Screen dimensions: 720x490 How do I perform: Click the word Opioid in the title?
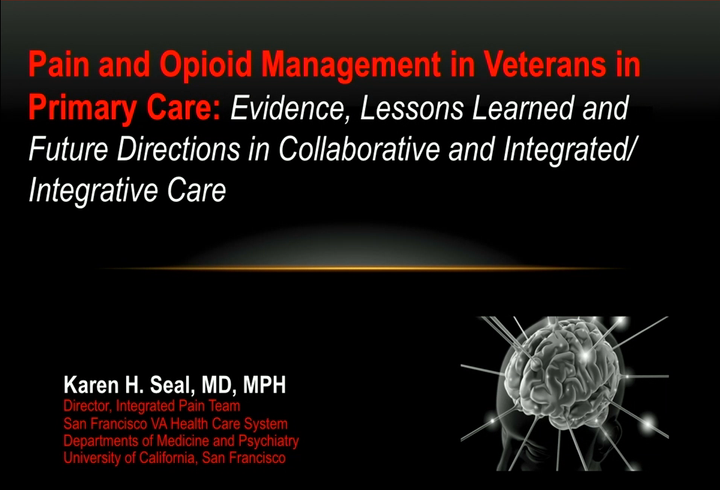tap(205, 65)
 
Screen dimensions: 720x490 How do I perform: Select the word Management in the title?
tap(351, 65)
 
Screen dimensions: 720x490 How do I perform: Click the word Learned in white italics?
tap(523, 107)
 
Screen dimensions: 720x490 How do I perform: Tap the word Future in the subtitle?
tap(68, 149)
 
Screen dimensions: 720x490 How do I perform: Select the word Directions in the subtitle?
tap(178, 149)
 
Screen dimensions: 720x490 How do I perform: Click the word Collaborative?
tap(359, 149)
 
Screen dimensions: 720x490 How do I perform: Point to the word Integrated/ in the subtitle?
tap(568, 150)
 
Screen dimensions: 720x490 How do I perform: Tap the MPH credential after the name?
tap(264, 385)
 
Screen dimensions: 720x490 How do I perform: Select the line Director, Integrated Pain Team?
tap(152, 406)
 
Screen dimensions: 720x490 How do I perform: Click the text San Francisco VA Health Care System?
tap(175, 423)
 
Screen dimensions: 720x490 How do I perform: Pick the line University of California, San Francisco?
tap(175, 458)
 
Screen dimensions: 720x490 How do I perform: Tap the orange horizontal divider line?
tap(361, 268)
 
